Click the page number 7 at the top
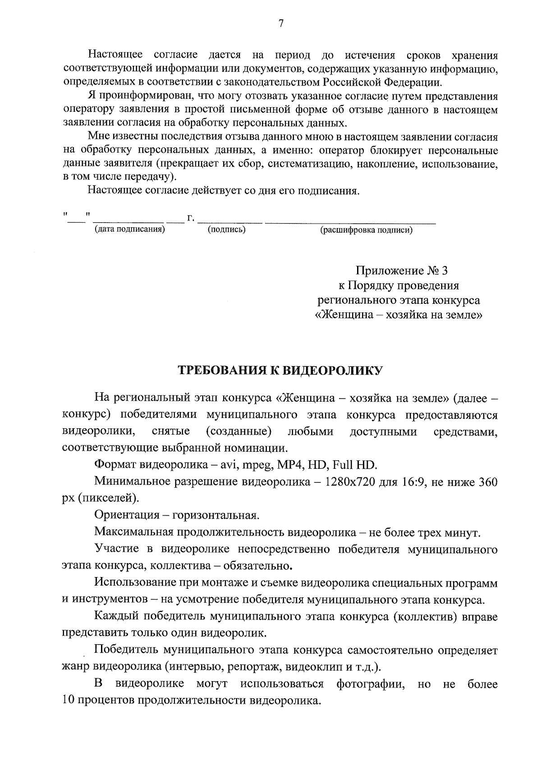280,24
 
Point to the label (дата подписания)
129,229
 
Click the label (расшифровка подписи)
366,230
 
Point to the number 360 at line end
488,482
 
